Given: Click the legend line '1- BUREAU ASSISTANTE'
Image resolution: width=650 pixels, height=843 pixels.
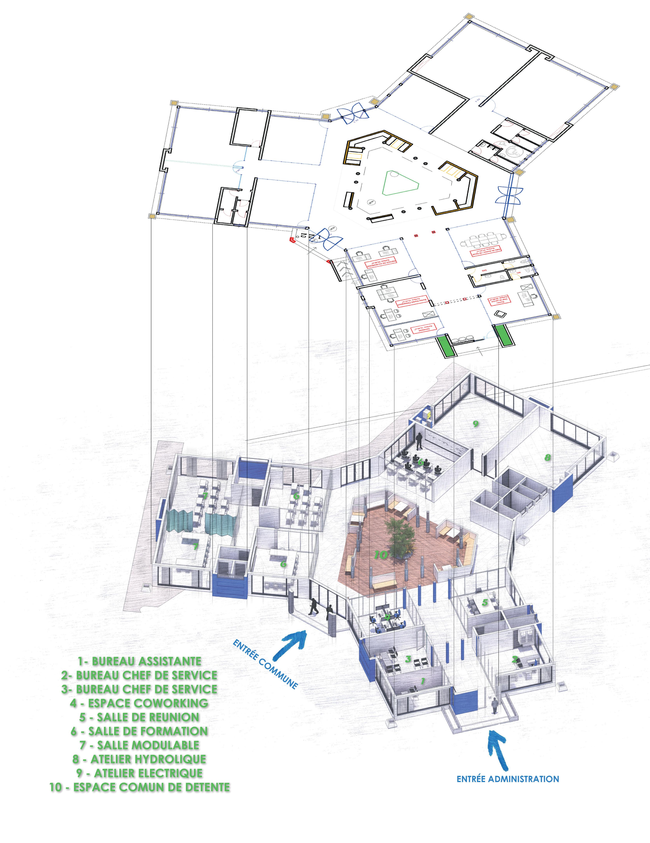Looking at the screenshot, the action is (x=139, y=661).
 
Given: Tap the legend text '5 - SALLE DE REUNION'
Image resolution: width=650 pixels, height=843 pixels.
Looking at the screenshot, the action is (x=139, y=717).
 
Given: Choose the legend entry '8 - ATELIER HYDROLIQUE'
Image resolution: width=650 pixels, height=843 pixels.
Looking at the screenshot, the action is (x=139, y=759).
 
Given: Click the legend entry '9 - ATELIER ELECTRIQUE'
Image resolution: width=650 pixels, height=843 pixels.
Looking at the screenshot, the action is (x=139, y=773).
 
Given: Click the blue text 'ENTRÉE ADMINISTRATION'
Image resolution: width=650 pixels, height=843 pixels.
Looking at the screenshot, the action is (x=508, y=779).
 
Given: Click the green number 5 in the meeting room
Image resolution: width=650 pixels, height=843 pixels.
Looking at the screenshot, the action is (x=485, y=602).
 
